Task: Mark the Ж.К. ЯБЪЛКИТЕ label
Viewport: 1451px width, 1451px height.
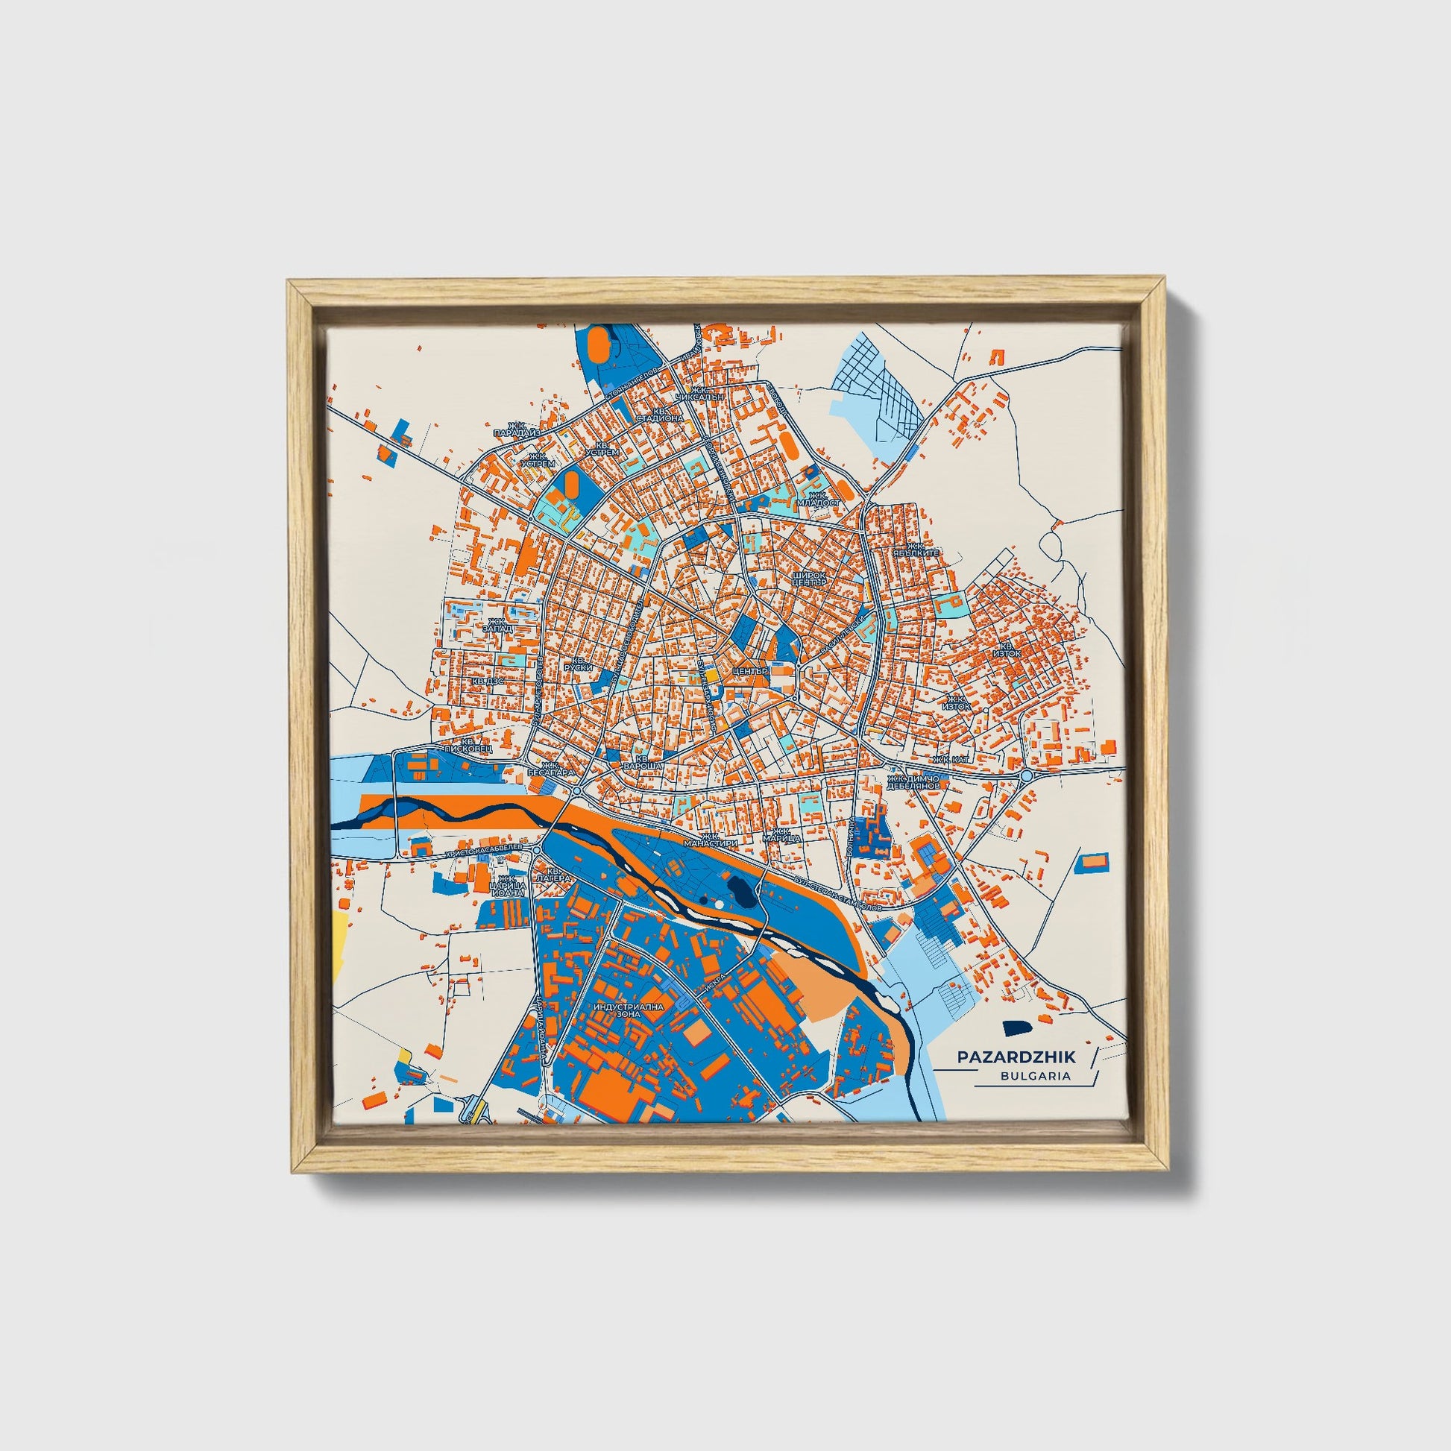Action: pyautogui.click(x=922, y=550)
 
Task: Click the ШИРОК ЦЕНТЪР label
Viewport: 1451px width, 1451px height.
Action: pyautogui.click(x=809, y=579)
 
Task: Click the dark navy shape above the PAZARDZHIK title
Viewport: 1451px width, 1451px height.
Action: pyautogui.click(x=1016, y=1027)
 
